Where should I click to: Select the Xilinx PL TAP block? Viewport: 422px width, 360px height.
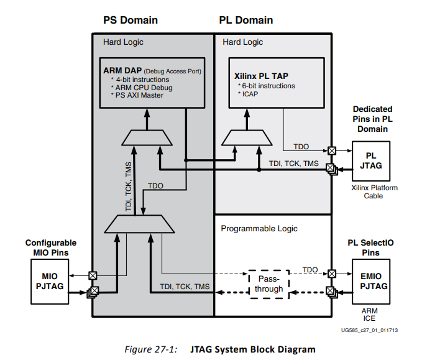(x=276, y=83)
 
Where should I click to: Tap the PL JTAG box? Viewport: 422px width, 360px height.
(x=370, y=160)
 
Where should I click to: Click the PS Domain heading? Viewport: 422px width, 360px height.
(x=130, y=20)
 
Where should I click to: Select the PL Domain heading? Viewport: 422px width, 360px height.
(x=246, y=20)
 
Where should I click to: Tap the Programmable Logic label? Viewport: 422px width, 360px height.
(x=256, y=229)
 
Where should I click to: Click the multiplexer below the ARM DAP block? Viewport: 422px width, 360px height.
(x=147, y=137)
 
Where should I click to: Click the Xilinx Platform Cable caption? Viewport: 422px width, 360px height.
(x=373, y=192)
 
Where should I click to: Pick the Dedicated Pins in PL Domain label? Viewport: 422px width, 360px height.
(x=373, y=119)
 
